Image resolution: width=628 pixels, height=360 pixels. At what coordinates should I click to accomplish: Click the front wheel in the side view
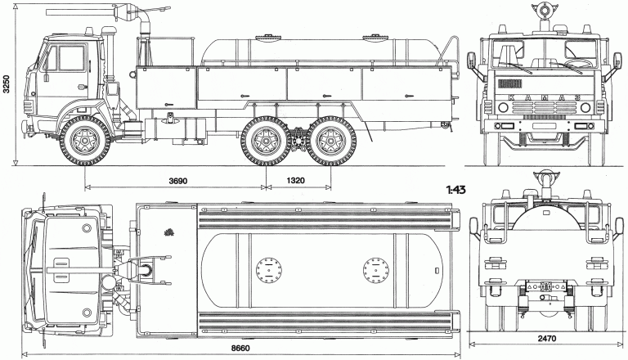(x=85, y=139)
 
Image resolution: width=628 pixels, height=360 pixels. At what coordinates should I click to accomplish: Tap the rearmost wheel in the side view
(x=330, y=139)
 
